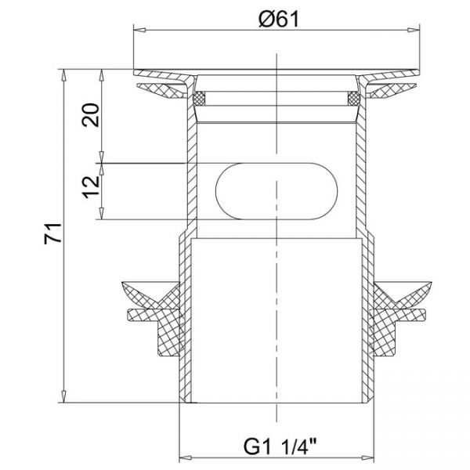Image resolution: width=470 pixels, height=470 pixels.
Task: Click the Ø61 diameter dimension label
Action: click(x=279, y=20)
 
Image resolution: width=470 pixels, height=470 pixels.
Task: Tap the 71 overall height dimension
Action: click(x=52, y=233)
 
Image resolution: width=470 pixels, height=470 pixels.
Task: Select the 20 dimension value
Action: click(x=91, y=115)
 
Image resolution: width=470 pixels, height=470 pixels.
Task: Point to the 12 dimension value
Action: click(x=91, y=186)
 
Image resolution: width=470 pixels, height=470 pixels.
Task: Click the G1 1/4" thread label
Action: click(x=280, y=446)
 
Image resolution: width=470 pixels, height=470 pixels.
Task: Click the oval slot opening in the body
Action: click(x=277, y=191)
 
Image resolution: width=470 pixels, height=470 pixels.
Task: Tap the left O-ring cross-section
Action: click(x=199, y=99)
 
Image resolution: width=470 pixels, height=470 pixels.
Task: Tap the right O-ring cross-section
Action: click(x=354, y=99)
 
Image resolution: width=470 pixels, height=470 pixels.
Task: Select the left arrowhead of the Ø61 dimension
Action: click(x=139, y=30)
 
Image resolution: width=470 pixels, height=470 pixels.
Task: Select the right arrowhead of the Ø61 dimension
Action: click(x=413, y=30)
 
